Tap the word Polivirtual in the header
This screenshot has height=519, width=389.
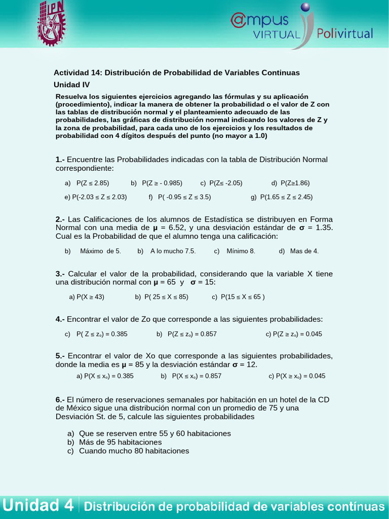click(344, 34)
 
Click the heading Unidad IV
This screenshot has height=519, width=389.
click(71, 85)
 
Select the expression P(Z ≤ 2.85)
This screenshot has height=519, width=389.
click(93, 183)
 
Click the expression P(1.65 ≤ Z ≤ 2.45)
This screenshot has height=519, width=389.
click(286, 197)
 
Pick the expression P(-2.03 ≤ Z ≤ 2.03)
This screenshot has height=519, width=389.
click(99, 197)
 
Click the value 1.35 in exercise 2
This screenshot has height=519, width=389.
click(324, 228)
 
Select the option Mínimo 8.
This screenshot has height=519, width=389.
click(241, 251)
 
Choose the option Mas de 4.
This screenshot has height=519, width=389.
click(304, 251)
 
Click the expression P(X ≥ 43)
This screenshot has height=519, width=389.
click(90, 297)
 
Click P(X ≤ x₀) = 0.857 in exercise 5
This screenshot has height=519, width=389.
click(197, 376)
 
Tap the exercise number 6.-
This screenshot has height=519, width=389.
click(60, 399)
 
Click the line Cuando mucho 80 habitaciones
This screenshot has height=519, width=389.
click(134, 451)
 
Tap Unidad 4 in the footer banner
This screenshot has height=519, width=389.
click(38, 505)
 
